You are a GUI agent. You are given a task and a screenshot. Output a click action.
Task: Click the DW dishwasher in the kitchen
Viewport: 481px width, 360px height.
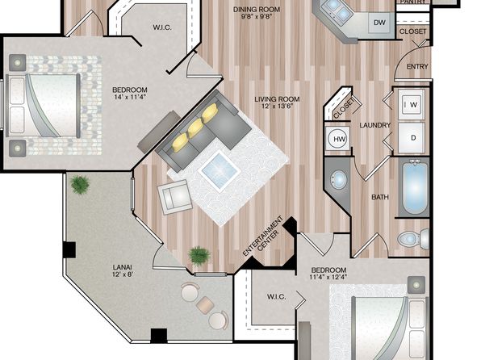pos(379,23)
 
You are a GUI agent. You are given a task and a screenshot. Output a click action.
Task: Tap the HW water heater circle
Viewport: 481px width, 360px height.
pos(339,139)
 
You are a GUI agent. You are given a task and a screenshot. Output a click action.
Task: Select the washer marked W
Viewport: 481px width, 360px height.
pos(412,104)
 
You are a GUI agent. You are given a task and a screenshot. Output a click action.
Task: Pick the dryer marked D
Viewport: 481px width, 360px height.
pos(412,138)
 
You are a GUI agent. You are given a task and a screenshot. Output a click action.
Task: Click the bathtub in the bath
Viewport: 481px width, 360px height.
pos(415,189)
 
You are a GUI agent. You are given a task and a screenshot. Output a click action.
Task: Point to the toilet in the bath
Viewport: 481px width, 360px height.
pos(413,238)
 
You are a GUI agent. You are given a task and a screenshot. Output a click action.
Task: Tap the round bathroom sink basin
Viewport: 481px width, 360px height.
pos(338,180)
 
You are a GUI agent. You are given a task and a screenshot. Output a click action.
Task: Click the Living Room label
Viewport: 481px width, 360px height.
pos(277,99)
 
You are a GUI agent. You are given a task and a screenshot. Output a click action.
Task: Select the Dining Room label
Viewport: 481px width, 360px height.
pos(257,9)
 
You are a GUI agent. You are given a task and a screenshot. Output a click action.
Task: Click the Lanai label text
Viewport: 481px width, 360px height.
pos(123,267)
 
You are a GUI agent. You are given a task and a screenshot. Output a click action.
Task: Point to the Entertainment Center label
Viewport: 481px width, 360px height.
pos(264,236)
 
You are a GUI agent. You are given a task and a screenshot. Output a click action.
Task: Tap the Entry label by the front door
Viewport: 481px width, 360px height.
pos(417,66)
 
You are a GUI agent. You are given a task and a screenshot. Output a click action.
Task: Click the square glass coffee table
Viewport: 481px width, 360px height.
pos(219,170)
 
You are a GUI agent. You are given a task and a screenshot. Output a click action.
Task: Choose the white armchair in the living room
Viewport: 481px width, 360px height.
pos(174,197)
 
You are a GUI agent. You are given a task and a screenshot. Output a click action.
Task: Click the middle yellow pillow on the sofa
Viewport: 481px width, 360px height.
pos(196,128)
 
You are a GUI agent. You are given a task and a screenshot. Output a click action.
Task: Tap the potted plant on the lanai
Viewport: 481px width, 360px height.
pos(80,185)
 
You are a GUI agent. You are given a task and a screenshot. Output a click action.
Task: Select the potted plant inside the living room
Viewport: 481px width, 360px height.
pos(199,256)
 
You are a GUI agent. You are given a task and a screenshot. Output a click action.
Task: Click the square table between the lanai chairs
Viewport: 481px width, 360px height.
pos(205,305)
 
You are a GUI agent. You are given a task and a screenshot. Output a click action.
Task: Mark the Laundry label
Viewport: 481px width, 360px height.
pos(374,125)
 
